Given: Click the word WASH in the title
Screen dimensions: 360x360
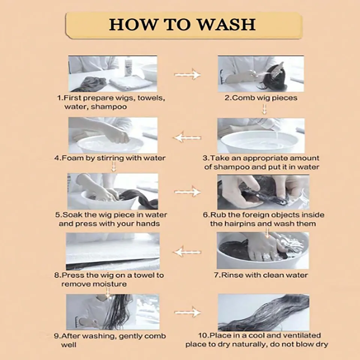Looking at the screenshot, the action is pyautogui.click(x=226, y=24).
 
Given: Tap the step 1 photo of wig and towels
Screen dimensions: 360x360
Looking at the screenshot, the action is pyautogui.click(x=113, y=74).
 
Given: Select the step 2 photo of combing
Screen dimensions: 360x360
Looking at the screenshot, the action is pyautogui.click(x=261, y=74).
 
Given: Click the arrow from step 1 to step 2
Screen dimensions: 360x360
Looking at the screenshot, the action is pyautogui.click(x=187, y=74).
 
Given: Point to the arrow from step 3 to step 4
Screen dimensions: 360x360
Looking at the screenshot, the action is pyautogui.click(x=187, y=138).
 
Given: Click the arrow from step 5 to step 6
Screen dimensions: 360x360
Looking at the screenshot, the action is pyautogui.click(x=187, y=192).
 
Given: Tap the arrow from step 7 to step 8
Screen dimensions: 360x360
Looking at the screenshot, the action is pyautogui.click(x=187, y=252).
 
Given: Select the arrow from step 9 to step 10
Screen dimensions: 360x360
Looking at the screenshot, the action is pyautogui.click(x=187, y=312).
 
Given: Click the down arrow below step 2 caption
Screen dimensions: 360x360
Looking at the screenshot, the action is pyautogui.click(x=264, y=109).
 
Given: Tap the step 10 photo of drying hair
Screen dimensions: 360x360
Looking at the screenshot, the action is pyautogui.click(x=264, y=312).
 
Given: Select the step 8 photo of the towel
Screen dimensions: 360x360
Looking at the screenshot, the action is pyautogui.click(x=113, y=251).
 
